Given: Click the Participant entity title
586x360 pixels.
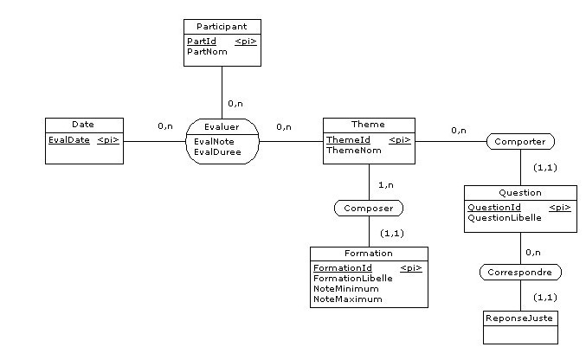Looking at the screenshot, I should click(222, 27).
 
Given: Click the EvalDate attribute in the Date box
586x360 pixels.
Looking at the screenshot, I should click(68, 140).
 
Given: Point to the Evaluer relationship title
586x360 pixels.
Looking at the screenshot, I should click(222, 126).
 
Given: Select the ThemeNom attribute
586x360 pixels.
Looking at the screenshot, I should click(353, 150).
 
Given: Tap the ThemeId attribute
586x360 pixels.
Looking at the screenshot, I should click(348, 139).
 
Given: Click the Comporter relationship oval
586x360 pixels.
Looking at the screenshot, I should click(519, 140).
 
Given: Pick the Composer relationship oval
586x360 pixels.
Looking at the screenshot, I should click(368, 209).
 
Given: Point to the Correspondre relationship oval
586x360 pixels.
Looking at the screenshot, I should click(520, 273).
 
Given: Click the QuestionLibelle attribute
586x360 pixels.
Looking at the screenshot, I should click(505, 218).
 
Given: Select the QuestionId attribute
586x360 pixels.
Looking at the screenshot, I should click(494, 208).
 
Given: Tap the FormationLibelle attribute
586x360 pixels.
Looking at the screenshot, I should click(352, 279).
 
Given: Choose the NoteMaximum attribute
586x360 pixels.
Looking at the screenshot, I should click(347, 299).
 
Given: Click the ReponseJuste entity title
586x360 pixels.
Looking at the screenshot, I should click(519, 318).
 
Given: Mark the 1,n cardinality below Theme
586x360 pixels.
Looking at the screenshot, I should click(387, 185).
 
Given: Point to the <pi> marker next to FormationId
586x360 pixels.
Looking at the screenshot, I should click(411, 268).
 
